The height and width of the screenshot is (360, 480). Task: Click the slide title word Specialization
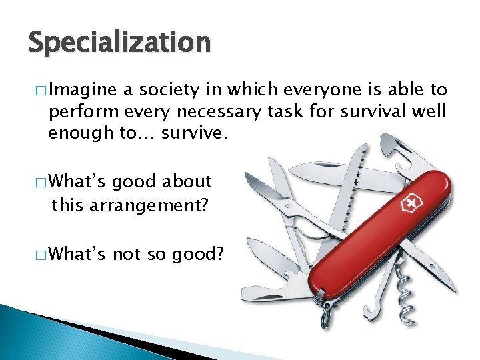(x=119, y=43)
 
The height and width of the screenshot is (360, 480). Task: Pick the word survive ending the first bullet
(x=198, y=133)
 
